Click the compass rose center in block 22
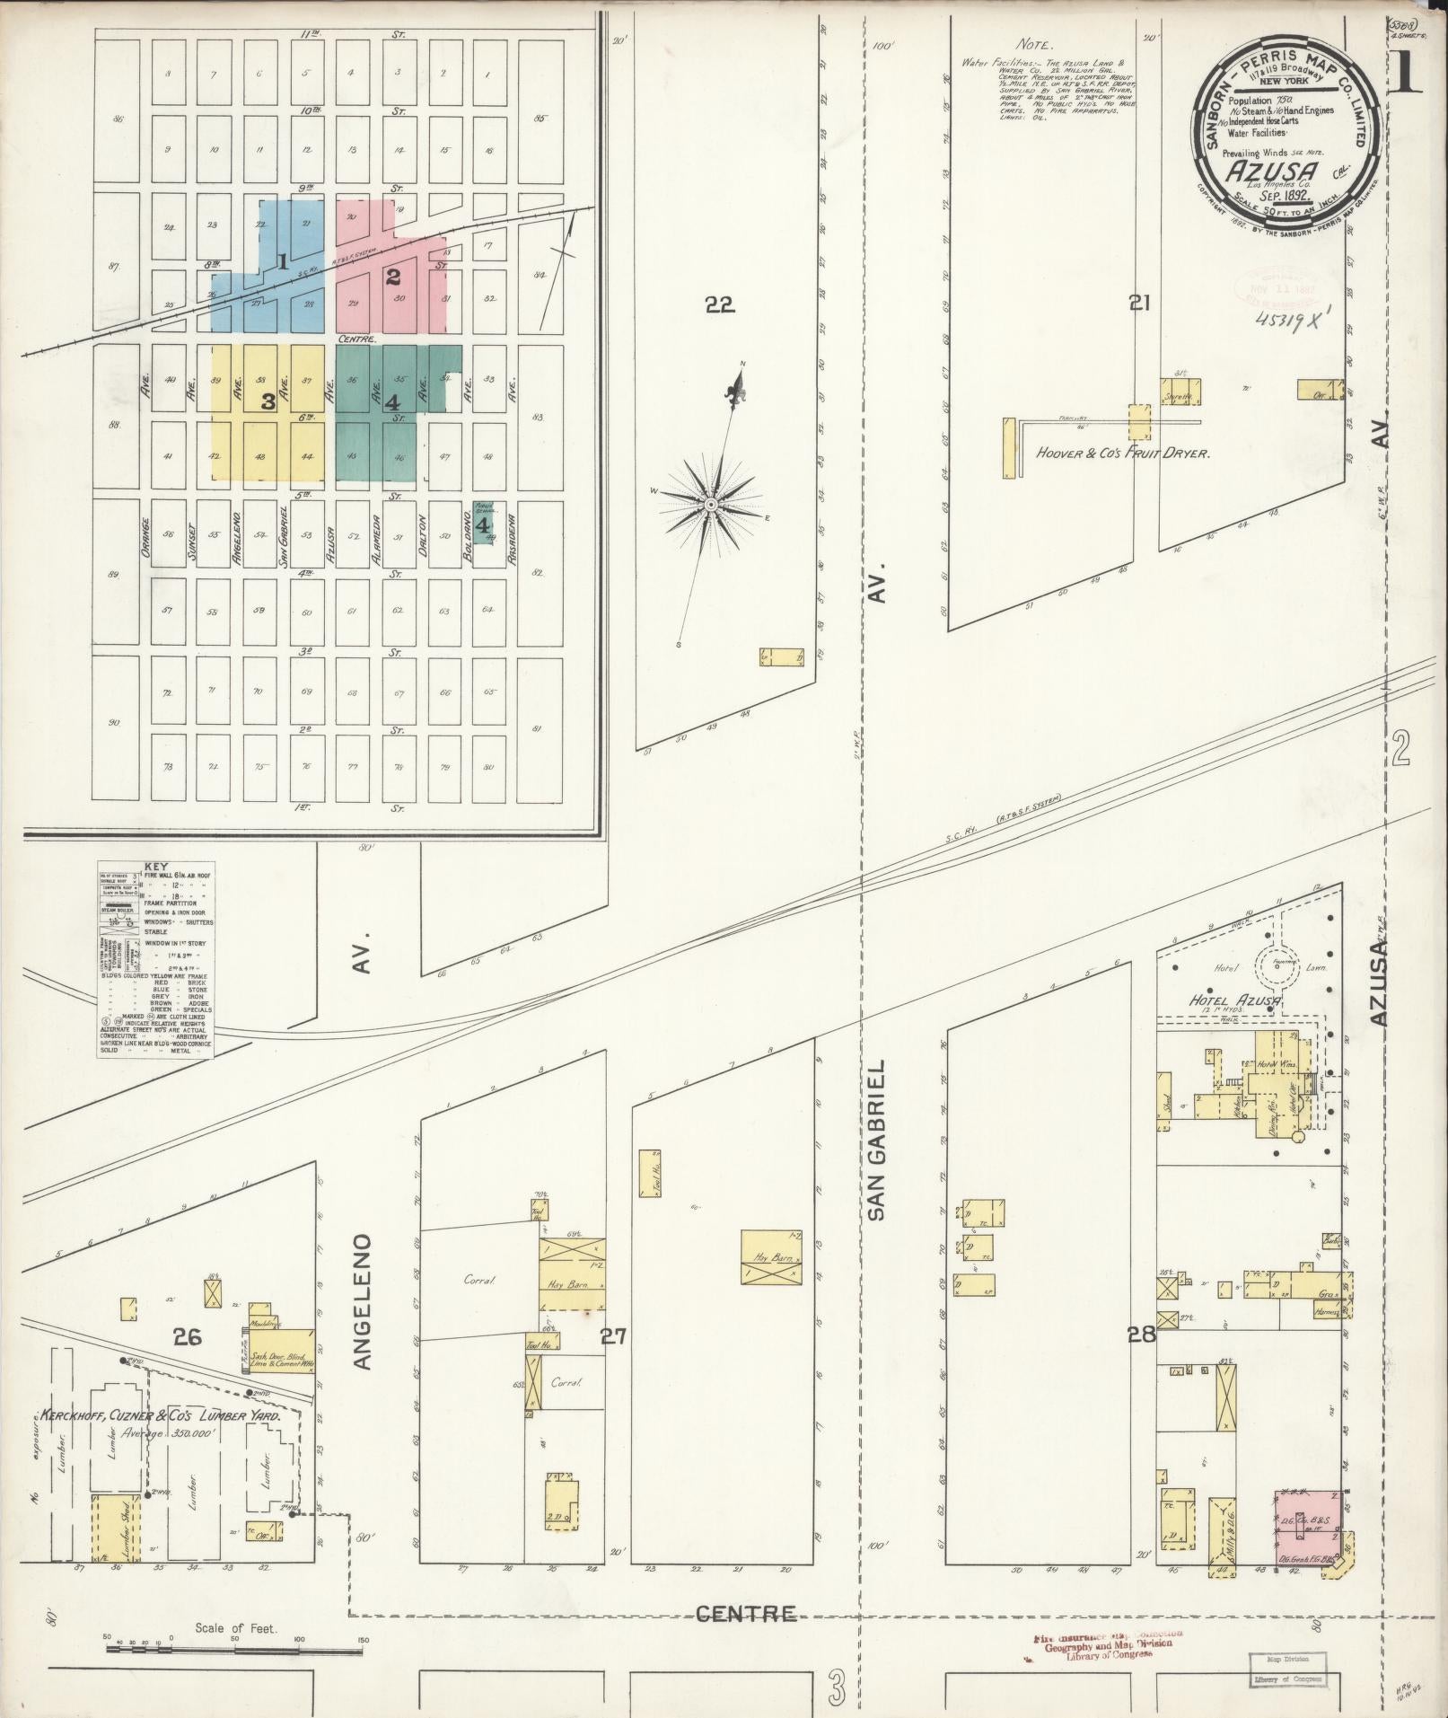point(710,506)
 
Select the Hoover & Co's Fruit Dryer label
point(1123,454)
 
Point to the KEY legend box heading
point(155,867)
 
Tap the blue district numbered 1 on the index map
point(282,261)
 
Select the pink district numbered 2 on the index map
point(392,277)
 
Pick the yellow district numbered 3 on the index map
point(267,401)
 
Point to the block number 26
point(187,1362)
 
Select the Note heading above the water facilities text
point(1036,44)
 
